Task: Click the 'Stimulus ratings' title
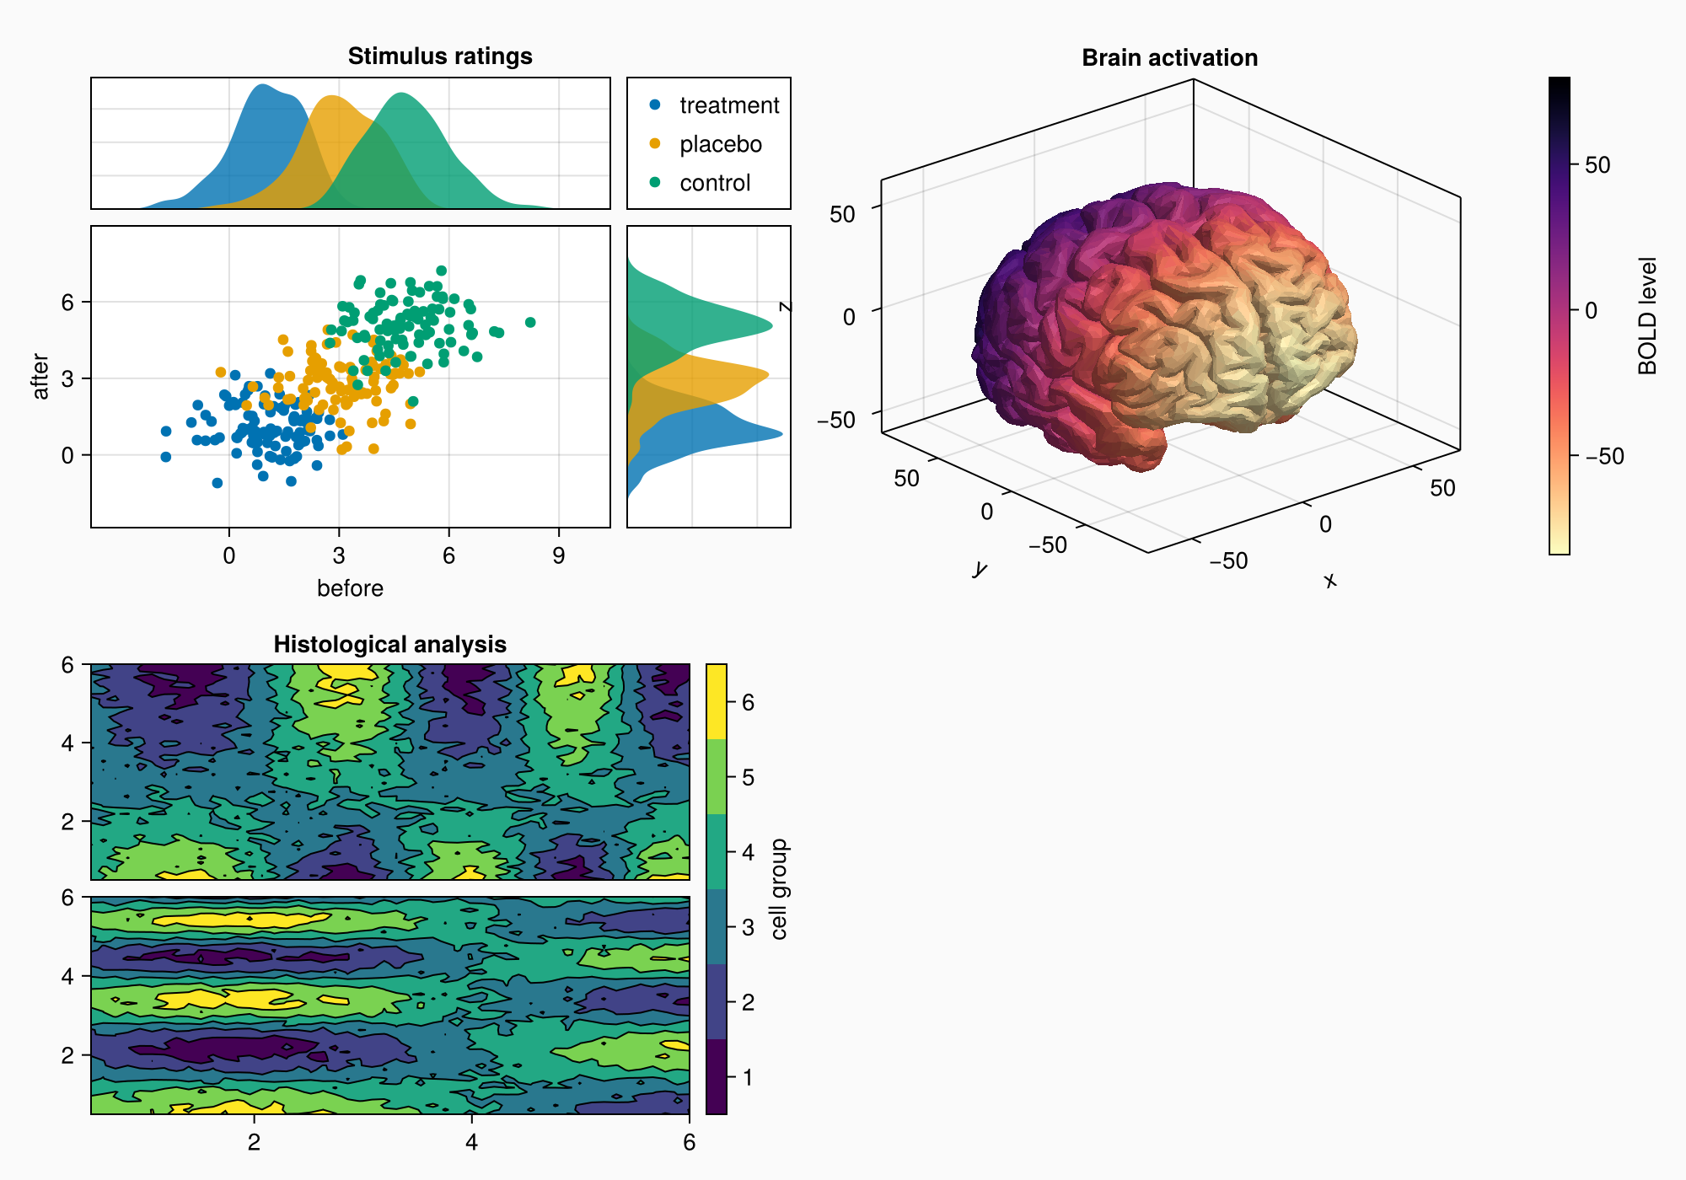click(440, 56)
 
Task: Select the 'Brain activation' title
click(1169, 58)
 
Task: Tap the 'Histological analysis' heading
click(389, 645)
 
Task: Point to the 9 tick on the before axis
click(559, 556)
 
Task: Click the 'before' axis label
click(350, 588)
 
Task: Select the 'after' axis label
click(40, 377)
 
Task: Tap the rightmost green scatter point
click(530, 322)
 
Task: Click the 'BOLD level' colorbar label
click(1647, 316)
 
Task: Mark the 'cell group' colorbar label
click(779, 889)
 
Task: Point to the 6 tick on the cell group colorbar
click(748, 702)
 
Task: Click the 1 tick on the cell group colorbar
click(748, 1077)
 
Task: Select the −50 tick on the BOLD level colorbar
click(1604, 456)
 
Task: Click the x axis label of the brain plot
click(1330, 580)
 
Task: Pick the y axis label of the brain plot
click(979, 569)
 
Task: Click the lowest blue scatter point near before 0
click(217, 483)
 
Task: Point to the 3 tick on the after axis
click(68, 378)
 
